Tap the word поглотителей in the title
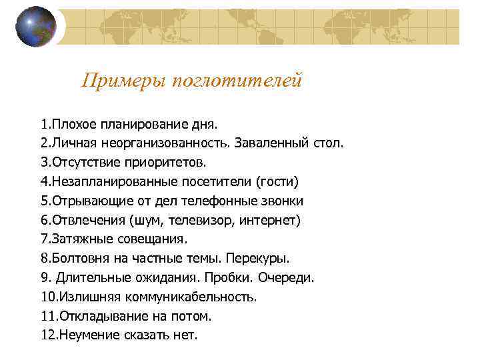pos(237,81)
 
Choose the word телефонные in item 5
pos(229,201)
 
